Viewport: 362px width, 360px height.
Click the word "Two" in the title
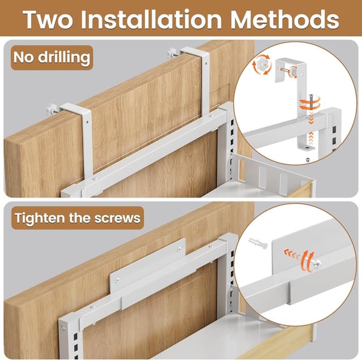(x=49, y=19)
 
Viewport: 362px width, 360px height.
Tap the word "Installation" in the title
(x=153, y=19)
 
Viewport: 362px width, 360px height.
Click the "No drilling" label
(x=51, y=57)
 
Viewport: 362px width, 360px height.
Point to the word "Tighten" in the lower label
(x=42, y=217)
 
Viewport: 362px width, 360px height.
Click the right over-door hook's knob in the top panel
(x=171, y=53)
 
